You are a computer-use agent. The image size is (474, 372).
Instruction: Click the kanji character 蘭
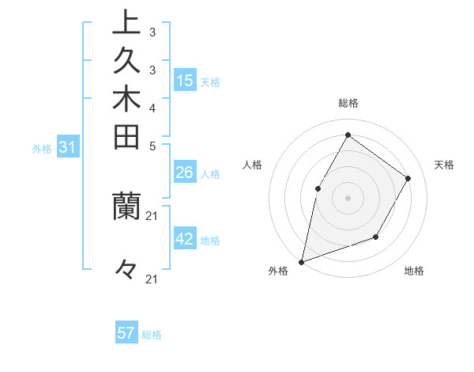126,205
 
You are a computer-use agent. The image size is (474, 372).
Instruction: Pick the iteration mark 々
126,270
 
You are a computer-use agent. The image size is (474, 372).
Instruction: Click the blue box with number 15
185,80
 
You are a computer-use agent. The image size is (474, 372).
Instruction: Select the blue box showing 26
185,173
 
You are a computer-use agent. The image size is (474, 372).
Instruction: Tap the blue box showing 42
185,239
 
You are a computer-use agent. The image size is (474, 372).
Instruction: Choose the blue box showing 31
68,146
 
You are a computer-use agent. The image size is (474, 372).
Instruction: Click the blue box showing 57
126,333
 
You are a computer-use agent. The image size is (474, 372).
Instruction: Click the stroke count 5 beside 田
152,146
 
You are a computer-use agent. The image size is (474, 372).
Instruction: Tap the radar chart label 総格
348,103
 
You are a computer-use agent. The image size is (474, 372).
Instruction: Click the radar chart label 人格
253,165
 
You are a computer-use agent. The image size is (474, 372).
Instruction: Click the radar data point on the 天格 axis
408,178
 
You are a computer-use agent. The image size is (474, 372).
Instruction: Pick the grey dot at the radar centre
348,197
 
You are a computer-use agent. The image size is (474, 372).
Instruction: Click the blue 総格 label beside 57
152,335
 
